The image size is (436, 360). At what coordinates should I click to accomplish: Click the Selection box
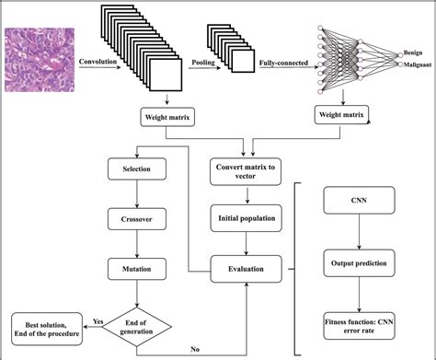click(136, 170)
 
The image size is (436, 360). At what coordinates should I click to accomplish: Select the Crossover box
click(136, 221)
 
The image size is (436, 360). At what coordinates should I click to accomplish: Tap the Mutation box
click(136, 271)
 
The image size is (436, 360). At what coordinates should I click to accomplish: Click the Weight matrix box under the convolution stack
click(166, 117)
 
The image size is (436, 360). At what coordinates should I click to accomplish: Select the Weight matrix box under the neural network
click(341, 117)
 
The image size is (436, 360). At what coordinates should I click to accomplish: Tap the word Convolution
click(98, 63)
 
